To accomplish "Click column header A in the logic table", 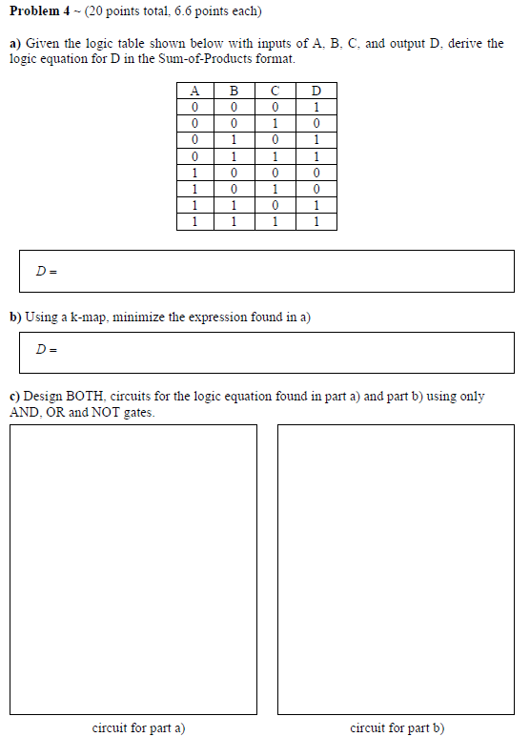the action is (x=194, y=91).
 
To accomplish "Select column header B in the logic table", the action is (x=234, y=91).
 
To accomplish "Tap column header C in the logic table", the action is (x=275, y=91).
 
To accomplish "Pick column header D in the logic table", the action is (x=316, y=91).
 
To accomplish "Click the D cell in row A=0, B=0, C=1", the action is (x=316, y=123).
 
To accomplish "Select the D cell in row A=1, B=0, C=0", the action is (x=316, y=173).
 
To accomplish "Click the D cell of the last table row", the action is (x=316, y=222).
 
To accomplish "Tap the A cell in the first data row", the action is (x=194, y=107).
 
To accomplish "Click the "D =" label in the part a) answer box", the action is (x=46, y=272).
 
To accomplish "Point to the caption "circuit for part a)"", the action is (x=138, y=727).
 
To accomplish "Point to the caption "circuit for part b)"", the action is (x=397, y=727).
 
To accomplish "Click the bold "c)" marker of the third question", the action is (x=14, y=397).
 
